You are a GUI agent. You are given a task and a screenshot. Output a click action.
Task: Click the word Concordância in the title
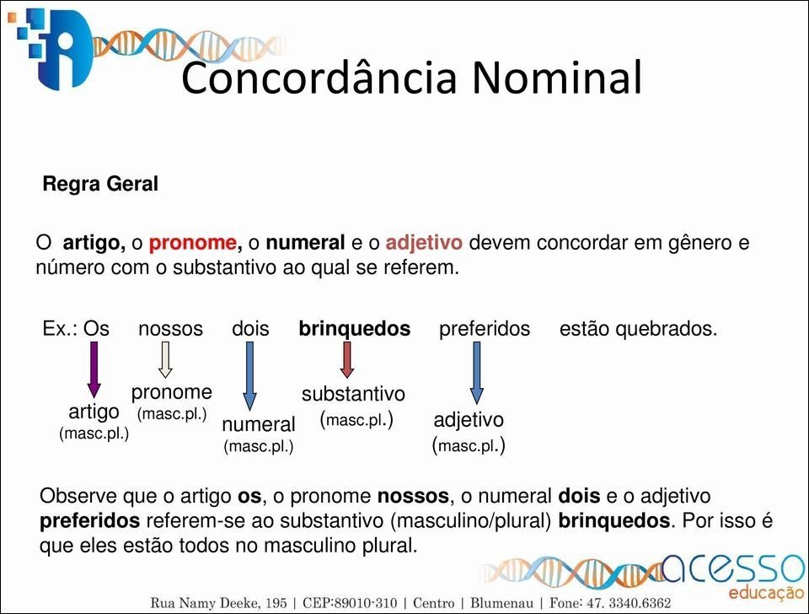pyautogui.click(x=319, y=77)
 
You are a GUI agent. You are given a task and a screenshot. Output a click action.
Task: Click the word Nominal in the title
pyautogui.click(x=557, y=77)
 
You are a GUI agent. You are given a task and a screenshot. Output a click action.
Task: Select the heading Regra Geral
pyautogui.click(x=100, y=184)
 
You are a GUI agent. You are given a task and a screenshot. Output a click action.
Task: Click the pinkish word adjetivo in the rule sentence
pyautogui.click(x=424, y=242)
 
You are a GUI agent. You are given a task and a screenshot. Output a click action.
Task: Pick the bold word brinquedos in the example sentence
pyautogui.click(x=355, y=328)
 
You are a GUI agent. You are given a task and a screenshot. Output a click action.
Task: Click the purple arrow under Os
pyautogui.click(x=94, y=369)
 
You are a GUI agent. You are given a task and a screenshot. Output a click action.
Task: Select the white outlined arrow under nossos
pyautogui.click(x=165, y=359)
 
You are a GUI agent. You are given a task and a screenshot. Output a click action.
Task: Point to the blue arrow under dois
pyautogui.click(x=249, y=376)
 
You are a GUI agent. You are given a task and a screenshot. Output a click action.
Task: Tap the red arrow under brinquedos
pyautogui.click(x=347, y=360)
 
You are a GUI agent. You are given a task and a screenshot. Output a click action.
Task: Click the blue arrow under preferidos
pyautogui.click(x=477, y=373)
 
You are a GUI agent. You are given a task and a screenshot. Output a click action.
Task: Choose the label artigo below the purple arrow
pyautogui.click(x=94, y=412)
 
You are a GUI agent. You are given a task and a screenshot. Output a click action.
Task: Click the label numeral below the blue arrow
pyautogui.click(x=259, y=424)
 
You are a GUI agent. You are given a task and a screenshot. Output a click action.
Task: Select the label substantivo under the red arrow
pyautogui.click(x=353, y=394)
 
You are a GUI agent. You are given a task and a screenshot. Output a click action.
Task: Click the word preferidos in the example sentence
pyautogui.click(x=485, y=328)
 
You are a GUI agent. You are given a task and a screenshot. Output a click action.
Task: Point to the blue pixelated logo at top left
pyautogui.click(x=52, y=49)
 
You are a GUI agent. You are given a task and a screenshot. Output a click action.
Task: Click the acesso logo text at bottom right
pyautogui.click(x=733, y=569)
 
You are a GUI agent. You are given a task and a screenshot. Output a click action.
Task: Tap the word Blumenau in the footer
pyautogui.click(x=501, y=603)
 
